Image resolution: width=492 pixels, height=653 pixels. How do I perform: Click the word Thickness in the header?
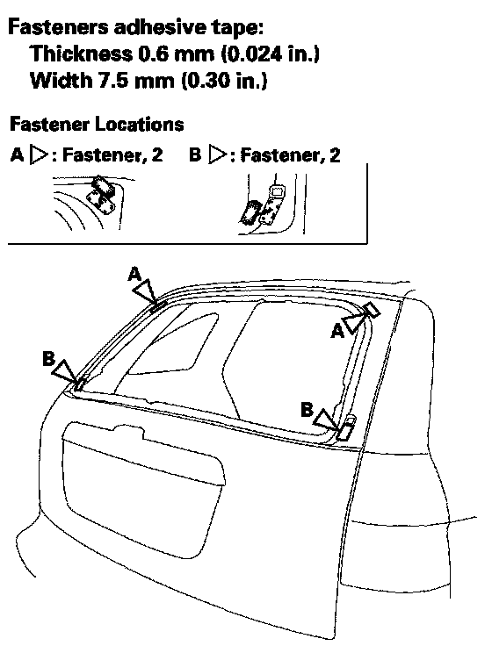81,54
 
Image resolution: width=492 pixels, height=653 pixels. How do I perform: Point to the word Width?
61,80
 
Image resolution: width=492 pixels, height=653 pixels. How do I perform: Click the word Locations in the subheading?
140,124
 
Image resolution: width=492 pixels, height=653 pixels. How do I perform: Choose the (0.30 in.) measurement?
224,80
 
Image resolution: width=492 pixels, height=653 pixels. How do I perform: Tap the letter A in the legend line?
17,155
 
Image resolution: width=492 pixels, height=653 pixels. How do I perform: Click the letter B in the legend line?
195,155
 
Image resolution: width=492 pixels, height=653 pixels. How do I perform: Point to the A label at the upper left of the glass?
134,275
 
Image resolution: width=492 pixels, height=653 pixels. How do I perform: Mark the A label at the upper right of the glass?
336,332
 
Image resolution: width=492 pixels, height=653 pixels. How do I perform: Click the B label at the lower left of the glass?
49,359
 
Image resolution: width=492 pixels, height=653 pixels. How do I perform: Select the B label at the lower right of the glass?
307,410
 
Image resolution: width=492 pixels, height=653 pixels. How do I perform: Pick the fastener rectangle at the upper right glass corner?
371,310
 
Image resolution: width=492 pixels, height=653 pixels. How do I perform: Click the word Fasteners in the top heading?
58,27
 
